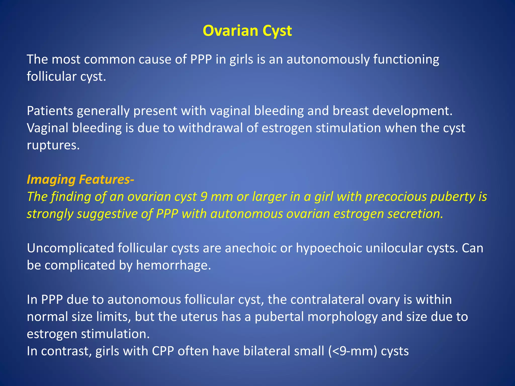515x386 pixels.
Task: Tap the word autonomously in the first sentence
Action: pos(328,60)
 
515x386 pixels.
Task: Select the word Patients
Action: pos(50,111)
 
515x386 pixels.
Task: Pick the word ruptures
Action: pos(53,145)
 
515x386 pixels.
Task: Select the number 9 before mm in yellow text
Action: pos(204,197)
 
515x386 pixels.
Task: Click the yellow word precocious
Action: pos(396,197)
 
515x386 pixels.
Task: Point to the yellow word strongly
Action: pos(50,214)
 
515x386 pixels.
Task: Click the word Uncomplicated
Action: pos(71,248)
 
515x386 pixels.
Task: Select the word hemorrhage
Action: pos(174,265)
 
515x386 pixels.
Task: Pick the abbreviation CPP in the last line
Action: pos(163,351)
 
